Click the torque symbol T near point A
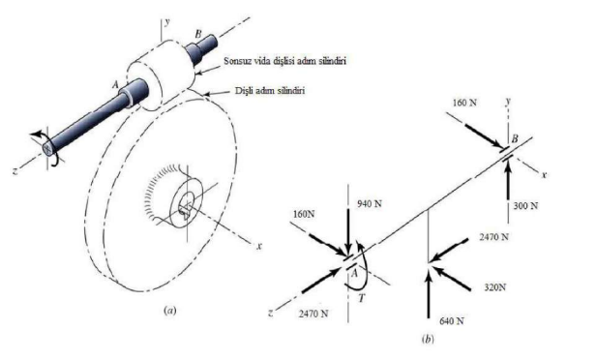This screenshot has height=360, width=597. [361, 299]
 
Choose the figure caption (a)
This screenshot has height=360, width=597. [169, 313]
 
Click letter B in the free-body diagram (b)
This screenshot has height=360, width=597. [515, 140]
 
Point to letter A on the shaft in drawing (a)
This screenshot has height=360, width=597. [115, 84]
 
